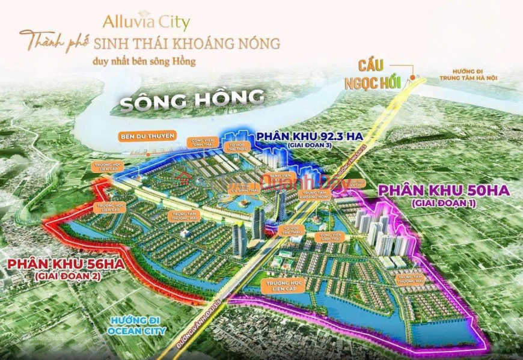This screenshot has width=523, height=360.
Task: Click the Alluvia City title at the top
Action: pos(146,23)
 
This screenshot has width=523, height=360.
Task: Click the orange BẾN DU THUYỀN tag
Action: pos(146,135)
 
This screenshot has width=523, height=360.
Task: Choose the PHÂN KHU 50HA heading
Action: pos(444,191)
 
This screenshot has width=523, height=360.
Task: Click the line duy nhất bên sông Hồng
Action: pos(144,61)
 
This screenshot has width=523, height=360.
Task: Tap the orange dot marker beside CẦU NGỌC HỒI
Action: pos(414,77)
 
